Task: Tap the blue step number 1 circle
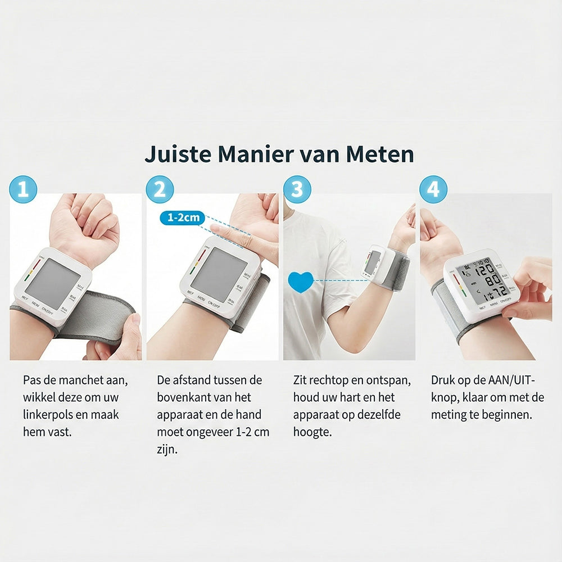[x=23, y=189]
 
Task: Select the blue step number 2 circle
[x=160, y=189]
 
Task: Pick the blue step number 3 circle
[x=297, y=189]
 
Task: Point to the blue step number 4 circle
[x=433, y=189]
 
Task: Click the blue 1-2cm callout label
[x=183, y=217]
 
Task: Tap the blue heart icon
[x=301, y=282]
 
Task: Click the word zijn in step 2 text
[x=167, y=450]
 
